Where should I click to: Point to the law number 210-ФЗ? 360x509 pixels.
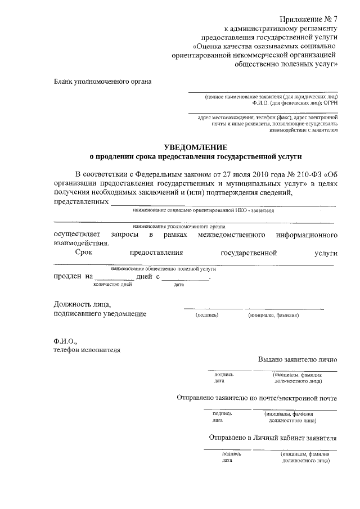click(x=296, y=174)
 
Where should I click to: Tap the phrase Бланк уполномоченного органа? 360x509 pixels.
click(x=102, y=81)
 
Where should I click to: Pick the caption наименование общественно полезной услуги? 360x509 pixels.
click(x=164, y=269)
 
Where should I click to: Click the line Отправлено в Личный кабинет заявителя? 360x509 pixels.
click(x=273, y=437)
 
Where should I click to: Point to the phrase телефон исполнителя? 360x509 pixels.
click(x=87, y=349)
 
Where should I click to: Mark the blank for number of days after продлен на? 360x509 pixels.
click(x=114, y=278)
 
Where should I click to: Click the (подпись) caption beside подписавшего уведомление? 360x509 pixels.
click(x=206, y=316)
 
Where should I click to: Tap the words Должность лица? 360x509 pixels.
click(x=78, y=304)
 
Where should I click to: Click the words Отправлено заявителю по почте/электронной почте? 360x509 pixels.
click(x=256, y=398)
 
